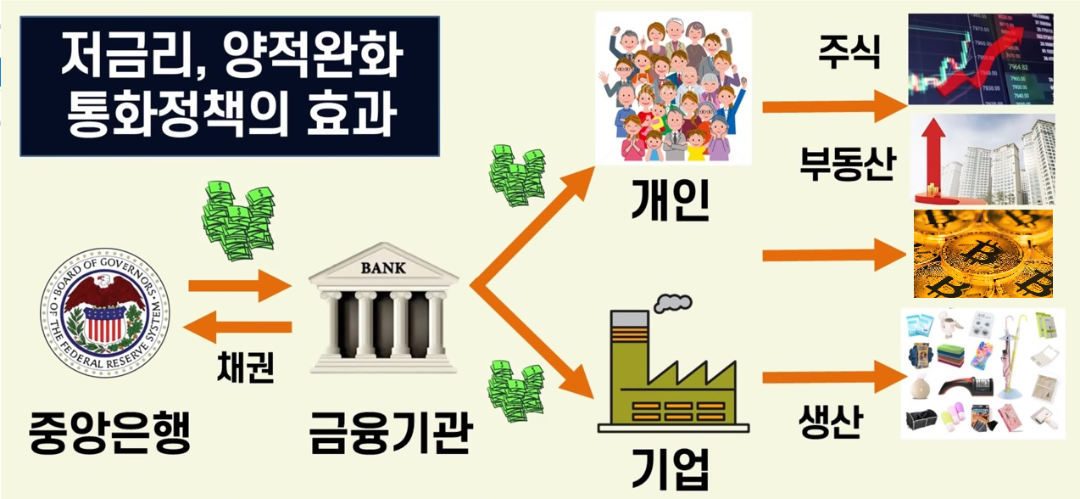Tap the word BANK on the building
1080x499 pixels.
click(x=383, y=268)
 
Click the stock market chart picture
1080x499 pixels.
click(x=981, y=59)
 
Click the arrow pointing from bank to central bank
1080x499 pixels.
click(x=239, y=328)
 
